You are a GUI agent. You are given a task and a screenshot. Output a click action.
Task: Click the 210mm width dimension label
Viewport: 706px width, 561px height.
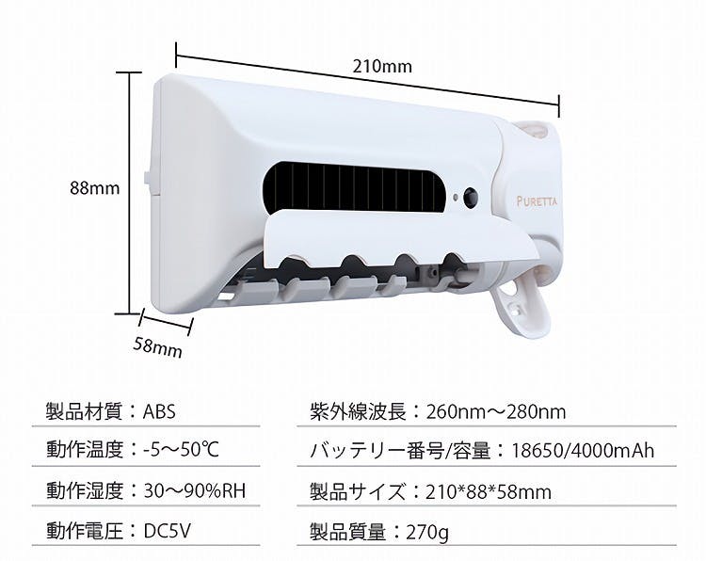[x=382, y=67]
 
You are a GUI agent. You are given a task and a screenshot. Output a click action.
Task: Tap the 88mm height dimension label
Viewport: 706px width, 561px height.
[x=95, y=187]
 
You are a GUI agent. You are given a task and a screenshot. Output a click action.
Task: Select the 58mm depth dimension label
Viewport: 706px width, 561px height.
[x=157, y=347]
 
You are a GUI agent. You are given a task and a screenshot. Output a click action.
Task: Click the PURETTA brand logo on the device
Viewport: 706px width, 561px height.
[x=537, y=201]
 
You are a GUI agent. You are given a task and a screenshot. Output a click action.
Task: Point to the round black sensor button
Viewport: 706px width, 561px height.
[x=471, y=198]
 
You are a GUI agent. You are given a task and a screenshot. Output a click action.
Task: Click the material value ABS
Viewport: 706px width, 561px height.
[x=159, y=412]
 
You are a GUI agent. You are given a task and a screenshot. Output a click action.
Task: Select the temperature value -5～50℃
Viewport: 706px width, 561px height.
[x=181, y=450]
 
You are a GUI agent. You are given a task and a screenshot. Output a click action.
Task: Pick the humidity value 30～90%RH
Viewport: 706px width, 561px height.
[x=195, y=490]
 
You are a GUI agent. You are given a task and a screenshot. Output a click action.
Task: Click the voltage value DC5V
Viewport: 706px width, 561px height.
[x=167, y=531]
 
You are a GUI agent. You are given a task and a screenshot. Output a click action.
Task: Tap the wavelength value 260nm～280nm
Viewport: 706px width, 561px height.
[x=496, y=412]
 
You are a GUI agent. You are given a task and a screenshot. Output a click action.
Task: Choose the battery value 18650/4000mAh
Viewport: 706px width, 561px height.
[x=583, y=451]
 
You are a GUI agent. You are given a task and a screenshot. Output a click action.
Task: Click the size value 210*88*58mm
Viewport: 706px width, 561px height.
[x=489, y=491]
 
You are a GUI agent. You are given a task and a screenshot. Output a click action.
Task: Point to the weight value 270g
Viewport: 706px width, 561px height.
[x=427, y=533]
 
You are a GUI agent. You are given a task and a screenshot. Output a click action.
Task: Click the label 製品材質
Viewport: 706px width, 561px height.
[x=84, y=412]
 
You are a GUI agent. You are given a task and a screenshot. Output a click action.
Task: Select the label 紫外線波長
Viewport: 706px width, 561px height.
[x=358, y=412]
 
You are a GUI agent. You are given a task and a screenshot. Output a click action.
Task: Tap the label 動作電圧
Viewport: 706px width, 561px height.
[x=84, y=531]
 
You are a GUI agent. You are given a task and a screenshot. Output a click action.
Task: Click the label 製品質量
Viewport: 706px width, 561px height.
[x=348, y=533]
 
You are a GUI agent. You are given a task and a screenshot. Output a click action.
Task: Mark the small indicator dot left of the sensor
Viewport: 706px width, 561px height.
[x=456, y=198]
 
